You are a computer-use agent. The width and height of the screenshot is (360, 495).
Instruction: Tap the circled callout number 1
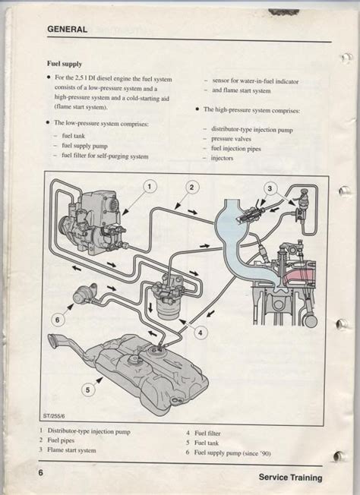coord(150,186)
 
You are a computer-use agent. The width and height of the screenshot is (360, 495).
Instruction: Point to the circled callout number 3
coord(270,188)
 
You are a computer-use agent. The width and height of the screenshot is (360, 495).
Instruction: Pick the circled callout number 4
coord(200,332)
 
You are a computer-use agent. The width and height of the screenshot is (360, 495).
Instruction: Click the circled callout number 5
coord(89,389)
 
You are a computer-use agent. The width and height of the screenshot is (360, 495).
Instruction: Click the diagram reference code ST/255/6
coord(56,416)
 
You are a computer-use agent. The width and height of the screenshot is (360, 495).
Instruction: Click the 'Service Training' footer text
coord(289,478)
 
